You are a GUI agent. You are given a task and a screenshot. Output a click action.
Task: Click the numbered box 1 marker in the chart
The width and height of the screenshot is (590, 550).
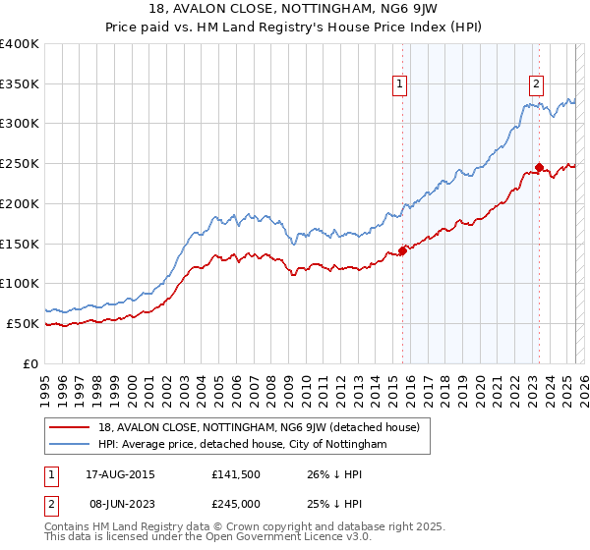coord(401,85)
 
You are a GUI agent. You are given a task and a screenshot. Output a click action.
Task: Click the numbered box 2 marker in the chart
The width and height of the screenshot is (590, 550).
coord(537,85)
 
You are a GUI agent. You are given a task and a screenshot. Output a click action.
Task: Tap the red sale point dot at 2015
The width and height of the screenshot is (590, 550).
coord(402,249)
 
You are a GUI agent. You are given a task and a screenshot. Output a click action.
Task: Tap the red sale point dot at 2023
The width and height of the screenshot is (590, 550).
coord(539,167)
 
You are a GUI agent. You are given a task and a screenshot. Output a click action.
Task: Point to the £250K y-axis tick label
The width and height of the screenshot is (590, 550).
coord(20,164)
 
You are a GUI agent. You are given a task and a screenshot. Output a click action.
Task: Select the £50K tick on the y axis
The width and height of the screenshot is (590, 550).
coord(24,323)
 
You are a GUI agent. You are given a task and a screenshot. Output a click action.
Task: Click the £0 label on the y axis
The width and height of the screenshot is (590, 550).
coord(31,363)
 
